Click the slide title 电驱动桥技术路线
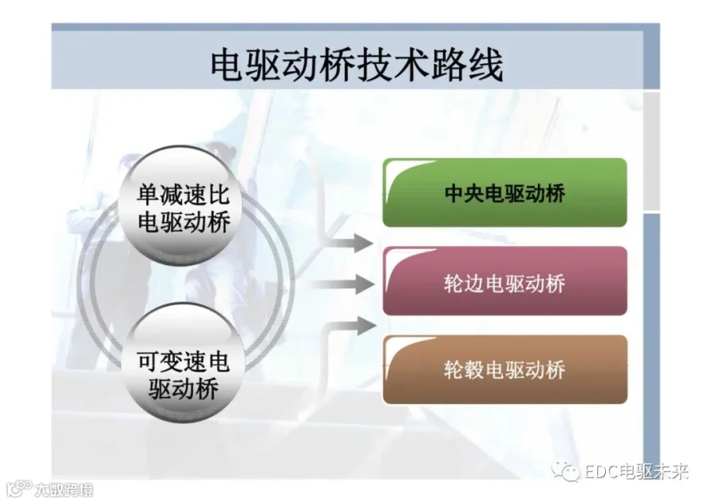(357, 65)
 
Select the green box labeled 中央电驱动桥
(505, 192)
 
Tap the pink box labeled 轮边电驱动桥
(505, 281)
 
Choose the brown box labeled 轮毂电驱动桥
(505, 369)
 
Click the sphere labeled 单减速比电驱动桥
(183, 206)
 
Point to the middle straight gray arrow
(340, 285)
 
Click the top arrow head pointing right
(363, 244)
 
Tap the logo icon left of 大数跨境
(20, 489)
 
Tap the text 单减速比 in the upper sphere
(184, 195)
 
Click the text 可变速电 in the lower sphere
(184, 361)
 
